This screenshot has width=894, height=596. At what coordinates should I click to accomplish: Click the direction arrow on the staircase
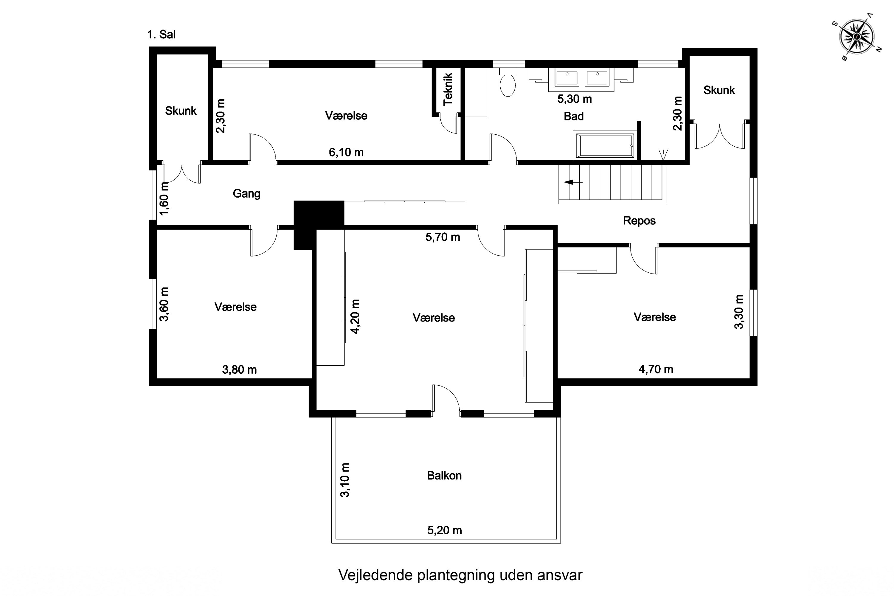573,182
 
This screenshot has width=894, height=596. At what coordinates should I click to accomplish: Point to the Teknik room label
448,89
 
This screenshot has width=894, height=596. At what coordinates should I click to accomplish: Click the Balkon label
444,476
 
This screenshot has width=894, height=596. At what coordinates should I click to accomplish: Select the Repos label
639,221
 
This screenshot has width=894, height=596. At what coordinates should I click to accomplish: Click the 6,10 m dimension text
346,152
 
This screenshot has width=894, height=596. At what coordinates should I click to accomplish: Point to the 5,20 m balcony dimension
444,530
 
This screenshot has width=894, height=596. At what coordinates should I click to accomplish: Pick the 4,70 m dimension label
656,369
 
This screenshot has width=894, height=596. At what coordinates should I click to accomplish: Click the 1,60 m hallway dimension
164,199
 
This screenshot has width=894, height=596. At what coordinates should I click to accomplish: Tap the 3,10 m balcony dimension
345,480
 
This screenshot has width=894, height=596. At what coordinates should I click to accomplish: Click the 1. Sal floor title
161,35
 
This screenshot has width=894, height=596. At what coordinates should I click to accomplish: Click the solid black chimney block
319,225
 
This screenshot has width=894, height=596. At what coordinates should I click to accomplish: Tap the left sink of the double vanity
567,78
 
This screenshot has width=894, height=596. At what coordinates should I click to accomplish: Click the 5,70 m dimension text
443,237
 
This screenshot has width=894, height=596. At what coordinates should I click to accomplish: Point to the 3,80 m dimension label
240,370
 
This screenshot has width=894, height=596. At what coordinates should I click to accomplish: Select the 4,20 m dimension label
355,316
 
